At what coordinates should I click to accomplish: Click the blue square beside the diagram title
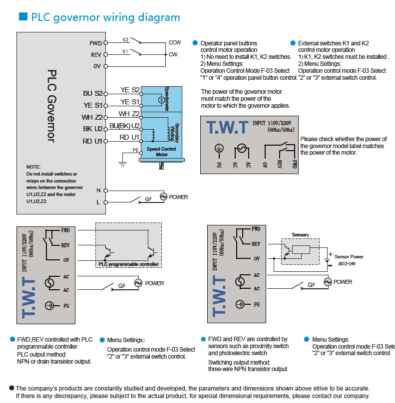pos(22,17)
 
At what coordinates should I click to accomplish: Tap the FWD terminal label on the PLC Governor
pos(95,43)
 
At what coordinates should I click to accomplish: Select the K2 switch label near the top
pos(125,39)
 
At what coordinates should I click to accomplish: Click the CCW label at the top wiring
pos(175,42)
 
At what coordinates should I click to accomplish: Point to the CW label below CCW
pos(173,54)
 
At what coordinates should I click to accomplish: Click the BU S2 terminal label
pos(92,93)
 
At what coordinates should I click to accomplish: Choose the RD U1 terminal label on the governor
pos(92,141)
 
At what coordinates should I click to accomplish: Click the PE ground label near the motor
pos(135,150)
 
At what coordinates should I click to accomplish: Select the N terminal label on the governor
pos(98,191)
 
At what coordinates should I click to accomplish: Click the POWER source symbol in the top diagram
pos(163,197)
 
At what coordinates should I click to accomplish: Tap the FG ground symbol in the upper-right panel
pos(218,148)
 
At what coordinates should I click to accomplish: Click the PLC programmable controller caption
pos(128,264)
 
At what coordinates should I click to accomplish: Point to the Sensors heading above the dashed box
pos(300,234)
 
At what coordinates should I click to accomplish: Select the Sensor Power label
pos(349,256)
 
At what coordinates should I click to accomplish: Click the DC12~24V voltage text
pos(347,263)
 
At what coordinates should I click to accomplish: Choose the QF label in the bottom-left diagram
pos(121,286)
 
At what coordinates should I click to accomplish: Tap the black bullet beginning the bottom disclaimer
pos(11,388)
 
